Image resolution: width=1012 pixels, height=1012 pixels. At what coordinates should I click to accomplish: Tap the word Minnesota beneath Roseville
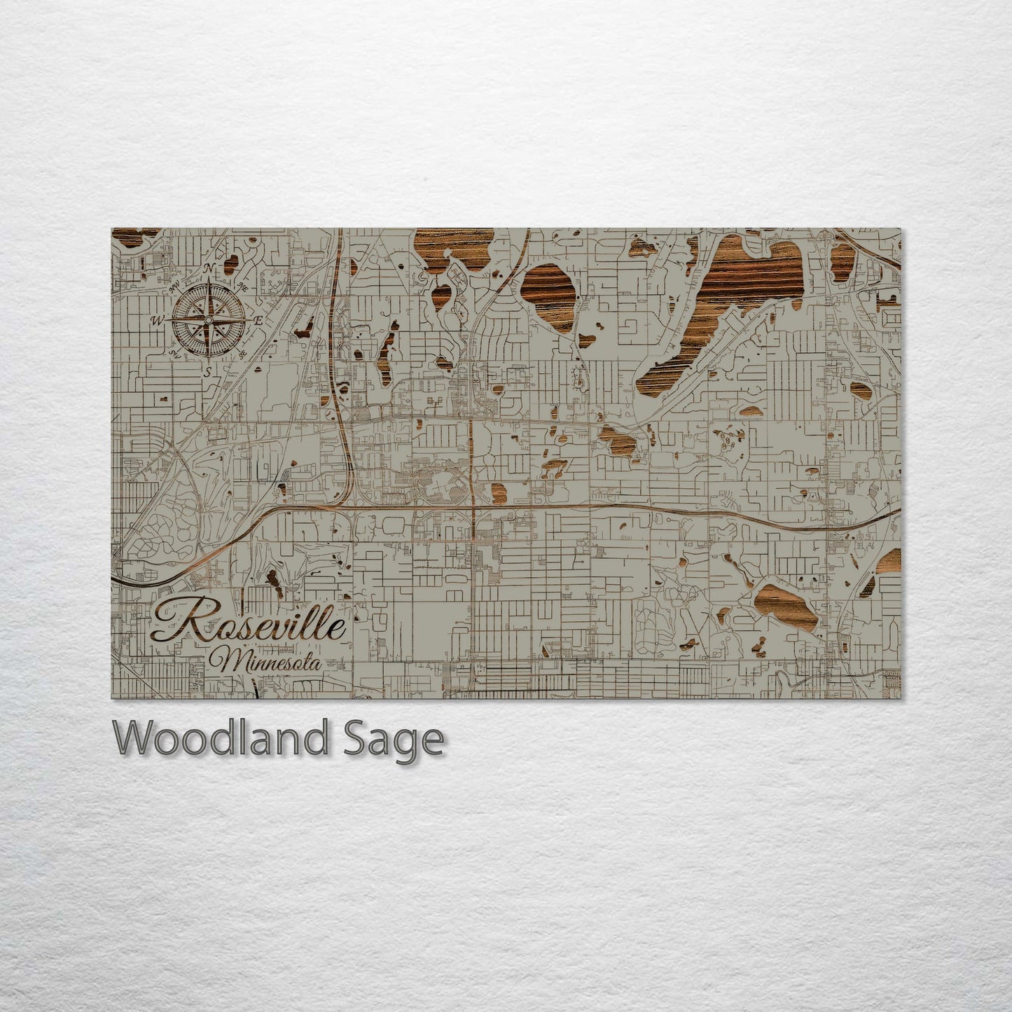pyautogui.click(x=270, y=661)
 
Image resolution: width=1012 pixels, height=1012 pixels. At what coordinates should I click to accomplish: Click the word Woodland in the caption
pyautogui.click(x=219, y=739)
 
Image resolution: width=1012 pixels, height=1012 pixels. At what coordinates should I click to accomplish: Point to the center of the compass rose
pyautogui.click(x=208, y=320)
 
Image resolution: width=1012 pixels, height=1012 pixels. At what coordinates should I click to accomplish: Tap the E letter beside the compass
pyautogui.click(x=258, y=320)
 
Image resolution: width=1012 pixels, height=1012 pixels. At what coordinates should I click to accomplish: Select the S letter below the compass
pyautogui.click(x=207, y=372)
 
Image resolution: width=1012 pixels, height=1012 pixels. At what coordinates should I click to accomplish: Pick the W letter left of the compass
pyautogui.click(x=157, y=321)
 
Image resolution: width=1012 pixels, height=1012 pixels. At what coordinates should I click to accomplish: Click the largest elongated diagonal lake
pyautogui.click(x=721, y=315)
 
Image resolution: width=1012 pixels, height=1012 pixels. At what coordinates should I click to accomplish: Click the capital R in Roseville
pyautogui.click(x=175, y=622)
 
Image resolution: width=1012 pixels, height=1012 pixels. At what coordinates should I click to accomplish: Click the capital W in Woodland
pyautogui.click(x=133, y=739)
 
